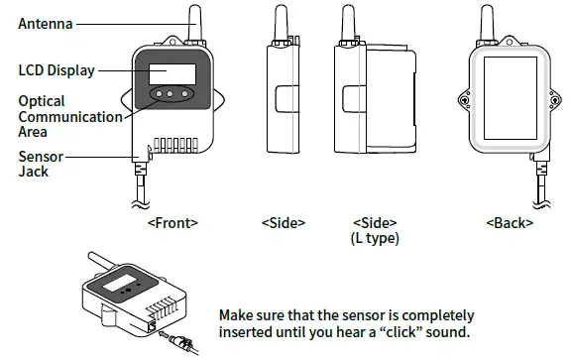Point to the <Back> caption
pyautogui.click(x=510, y=223)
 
